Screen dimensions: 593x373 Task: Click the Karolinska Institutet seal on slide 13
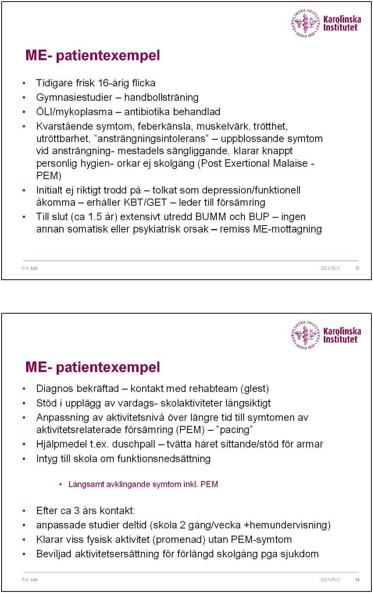pos(305,23)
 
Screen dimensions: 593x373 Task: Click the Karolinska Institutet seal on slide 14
pos(305,335)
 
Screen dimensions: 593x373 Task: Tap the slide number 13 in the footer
pos(357,268)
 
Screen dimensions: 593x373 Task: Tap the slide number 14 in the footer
pos(357,580)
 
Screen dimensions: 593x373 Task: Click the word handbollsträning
pos(161,98)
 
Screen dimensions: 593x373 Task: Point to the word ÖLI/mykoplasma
pos(74,112)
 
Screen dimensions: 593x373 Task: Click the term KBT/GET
pos(145,202)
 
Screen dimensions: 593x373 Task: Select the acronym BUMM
pos(211,217)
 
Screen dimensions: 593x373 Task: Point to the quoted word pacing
pos(234,430)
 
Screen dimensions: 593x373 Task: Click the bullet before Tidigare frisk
pos(24,83)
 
